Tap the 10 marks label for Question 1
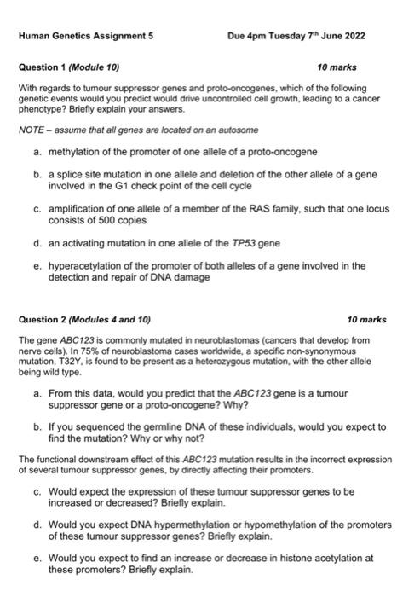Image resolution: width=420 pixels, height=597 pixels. point(336,67)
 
